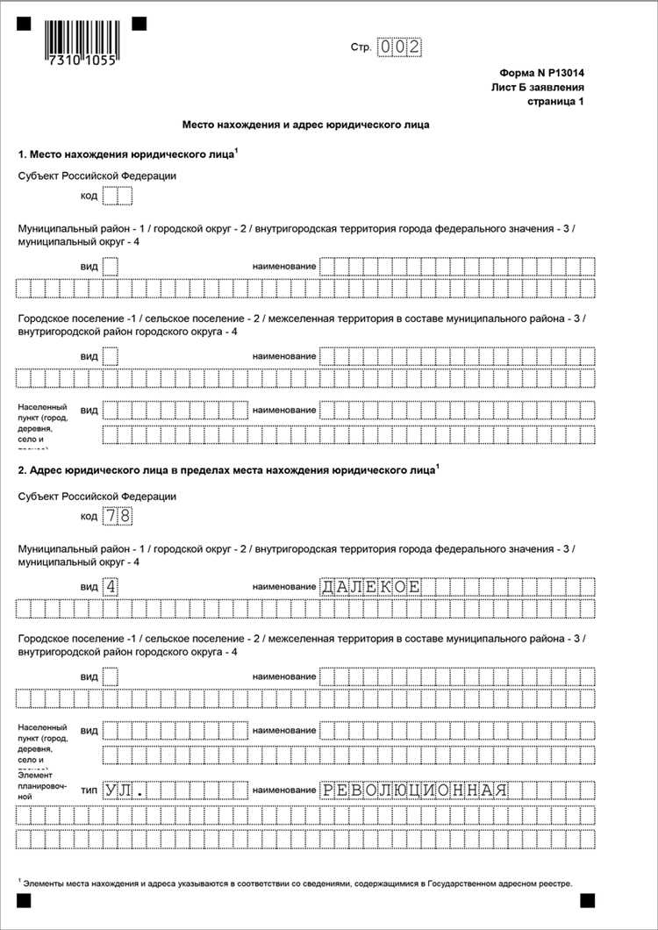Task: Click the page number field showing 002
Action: [x=399, y=46]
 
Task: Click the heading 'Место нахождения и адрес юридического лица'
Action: [x=305, y=125]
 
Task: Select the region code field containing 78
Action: [x=117, y=516]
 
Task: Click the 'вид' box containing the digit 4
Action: [x=110, y=586]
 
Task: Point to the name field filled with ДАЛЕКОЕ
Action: [x=372, y=586]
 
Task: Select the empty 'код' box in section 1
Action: [x=117, y=196]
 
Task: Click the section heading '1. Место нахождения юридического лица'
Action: [x=127, y=154]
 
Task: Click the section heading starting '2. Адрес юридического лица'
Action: [x=226, y=471]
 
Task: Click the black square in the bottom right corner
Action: [x=586, y=899]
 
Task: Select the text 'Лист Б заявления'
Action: [x=537, y=88]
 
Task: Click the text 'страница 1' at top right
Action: [x=554, y=102]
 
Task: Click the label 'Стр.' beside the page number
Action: [x=360, y=46]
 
